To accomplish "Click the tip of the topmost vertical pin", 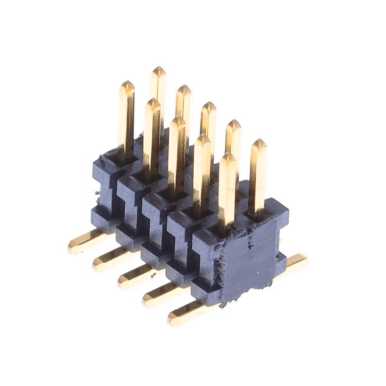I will pos(158,71).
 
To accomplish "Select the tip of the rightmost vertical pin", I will pos(258,144).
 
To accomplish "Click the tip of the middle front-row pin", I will pos(177,121).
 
